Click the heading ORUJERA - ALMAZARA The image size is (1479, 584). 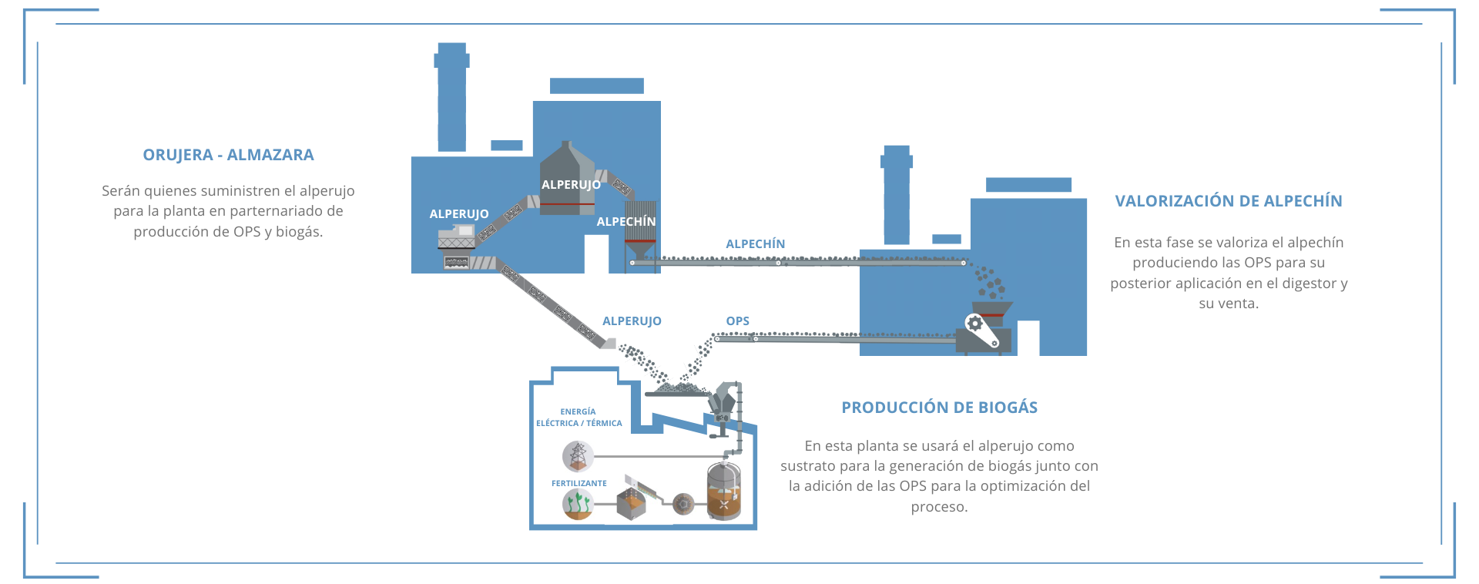pyautogui.click(x=228, y=155)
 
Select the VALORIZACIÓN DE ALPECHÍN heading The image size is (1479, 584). pyautogui.click(x=1228, y=201)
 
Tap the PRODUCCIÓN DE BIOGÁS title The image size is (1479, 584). pyautogui.click(x=939, y=408)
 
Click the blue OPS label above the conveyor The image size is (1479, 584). pyautogui.click(x=737, y=321)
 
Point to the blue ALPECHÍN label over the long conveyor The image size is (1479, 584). pyautogui.click(x=755, y=243)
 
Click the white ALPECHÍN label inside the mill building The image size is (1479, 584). pyautogui.click(x=625, y=221)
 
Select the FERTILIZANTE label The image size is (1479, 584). pyautogui.click(x=579, y=483)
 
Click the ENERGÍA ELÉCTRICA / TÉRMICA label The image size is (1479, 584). pyautogui.click(x=579, y=418)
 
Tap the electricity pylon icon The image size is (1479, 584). pyautogui.click(x=577, y=456)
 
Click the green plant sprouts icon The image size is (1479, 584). pyautogui.click(x=577, y=505)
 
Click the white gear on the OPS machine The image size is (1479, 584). pyautogui.click(x=974, y=324)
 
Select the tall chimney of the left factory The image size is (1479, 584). pyautogui.click(x=451, y=96)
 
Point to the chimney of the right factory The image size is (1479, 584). pyautogui.click(x=896, y=194)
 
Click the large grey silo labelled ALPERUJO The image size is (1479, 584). pyautogui.click(x=567, y=179)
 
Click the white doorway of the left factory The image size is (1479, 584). pyautogui.click(x=595, y=253)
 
